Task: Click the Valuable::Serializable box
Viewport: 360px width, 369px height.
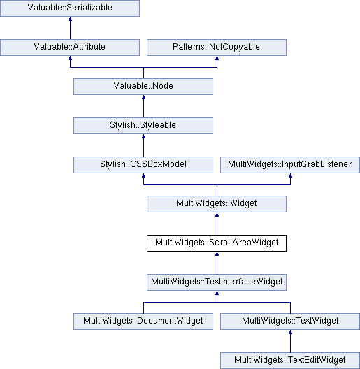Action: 70,8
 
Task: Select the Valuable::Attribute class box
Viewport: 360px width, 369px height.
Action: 70,48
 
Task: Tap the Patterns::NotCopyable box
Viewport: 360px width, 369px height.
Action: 217,48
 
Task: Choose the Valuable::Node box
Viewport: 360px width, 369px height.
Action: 143,87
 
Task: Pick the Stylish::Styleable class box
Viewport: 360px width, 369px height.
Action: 143,126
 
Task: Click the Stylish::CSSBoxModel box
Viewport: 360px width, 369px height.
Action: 143,165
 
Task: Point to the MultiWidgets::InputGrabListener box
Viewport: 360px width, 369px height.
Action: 290,165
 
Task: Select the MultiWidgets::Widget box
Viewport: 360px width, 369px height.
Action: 217,204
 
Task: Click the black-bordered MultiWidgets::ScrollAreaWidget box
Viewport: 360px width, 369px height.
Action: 217,243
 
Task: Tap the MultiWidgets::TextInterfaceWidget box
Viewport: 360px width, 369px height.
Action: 217,282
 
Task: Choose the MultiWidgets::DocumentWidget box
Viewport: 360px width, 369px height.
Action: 143,321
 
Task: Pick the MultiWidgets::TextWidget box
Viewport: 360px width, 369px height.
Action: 290,321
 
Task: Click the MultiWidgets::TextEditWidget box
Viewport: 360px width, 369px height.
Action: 290,361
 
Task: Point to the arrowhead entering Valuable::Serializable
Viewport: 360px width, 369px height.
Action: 70,19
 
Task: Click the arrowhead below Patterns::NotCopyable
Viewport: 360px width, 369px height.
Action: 217,58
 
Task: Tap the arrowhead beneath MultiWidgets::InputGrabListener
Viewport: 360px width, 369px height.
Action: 291,175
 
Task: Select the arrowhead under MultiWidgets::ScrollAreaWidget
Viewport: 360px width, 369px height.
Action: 217,254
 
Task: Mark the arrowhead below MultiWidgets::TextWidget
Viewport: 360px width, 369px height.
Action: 291,332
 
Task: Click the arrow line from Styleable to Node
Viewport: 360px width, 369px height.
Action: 143,106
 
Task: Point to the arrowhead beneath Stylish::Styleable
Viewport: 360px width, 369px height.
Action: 143,136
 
